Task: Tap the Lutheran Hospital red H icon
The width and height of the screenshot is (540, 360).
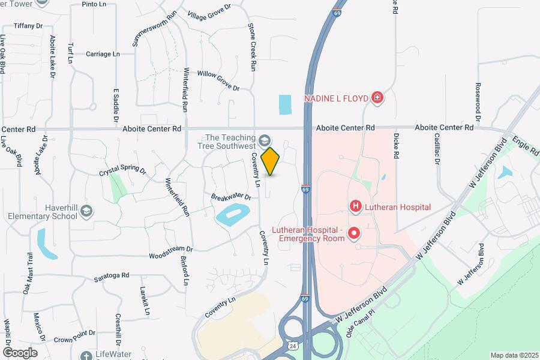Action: pos(355,207)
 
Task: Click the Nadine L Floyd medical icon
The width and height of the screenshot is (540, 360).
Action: pos(377,97)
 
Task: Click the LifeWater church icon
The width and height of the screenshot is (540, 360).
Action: pos(88,355)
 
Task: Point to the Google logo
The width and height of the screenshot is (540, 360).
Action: pos(19,353)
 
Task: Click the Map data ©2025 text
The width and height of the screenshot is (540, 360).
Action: pos(513,355)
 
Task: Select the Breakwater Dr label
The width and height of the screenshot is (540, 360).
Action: pos(230,196)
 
